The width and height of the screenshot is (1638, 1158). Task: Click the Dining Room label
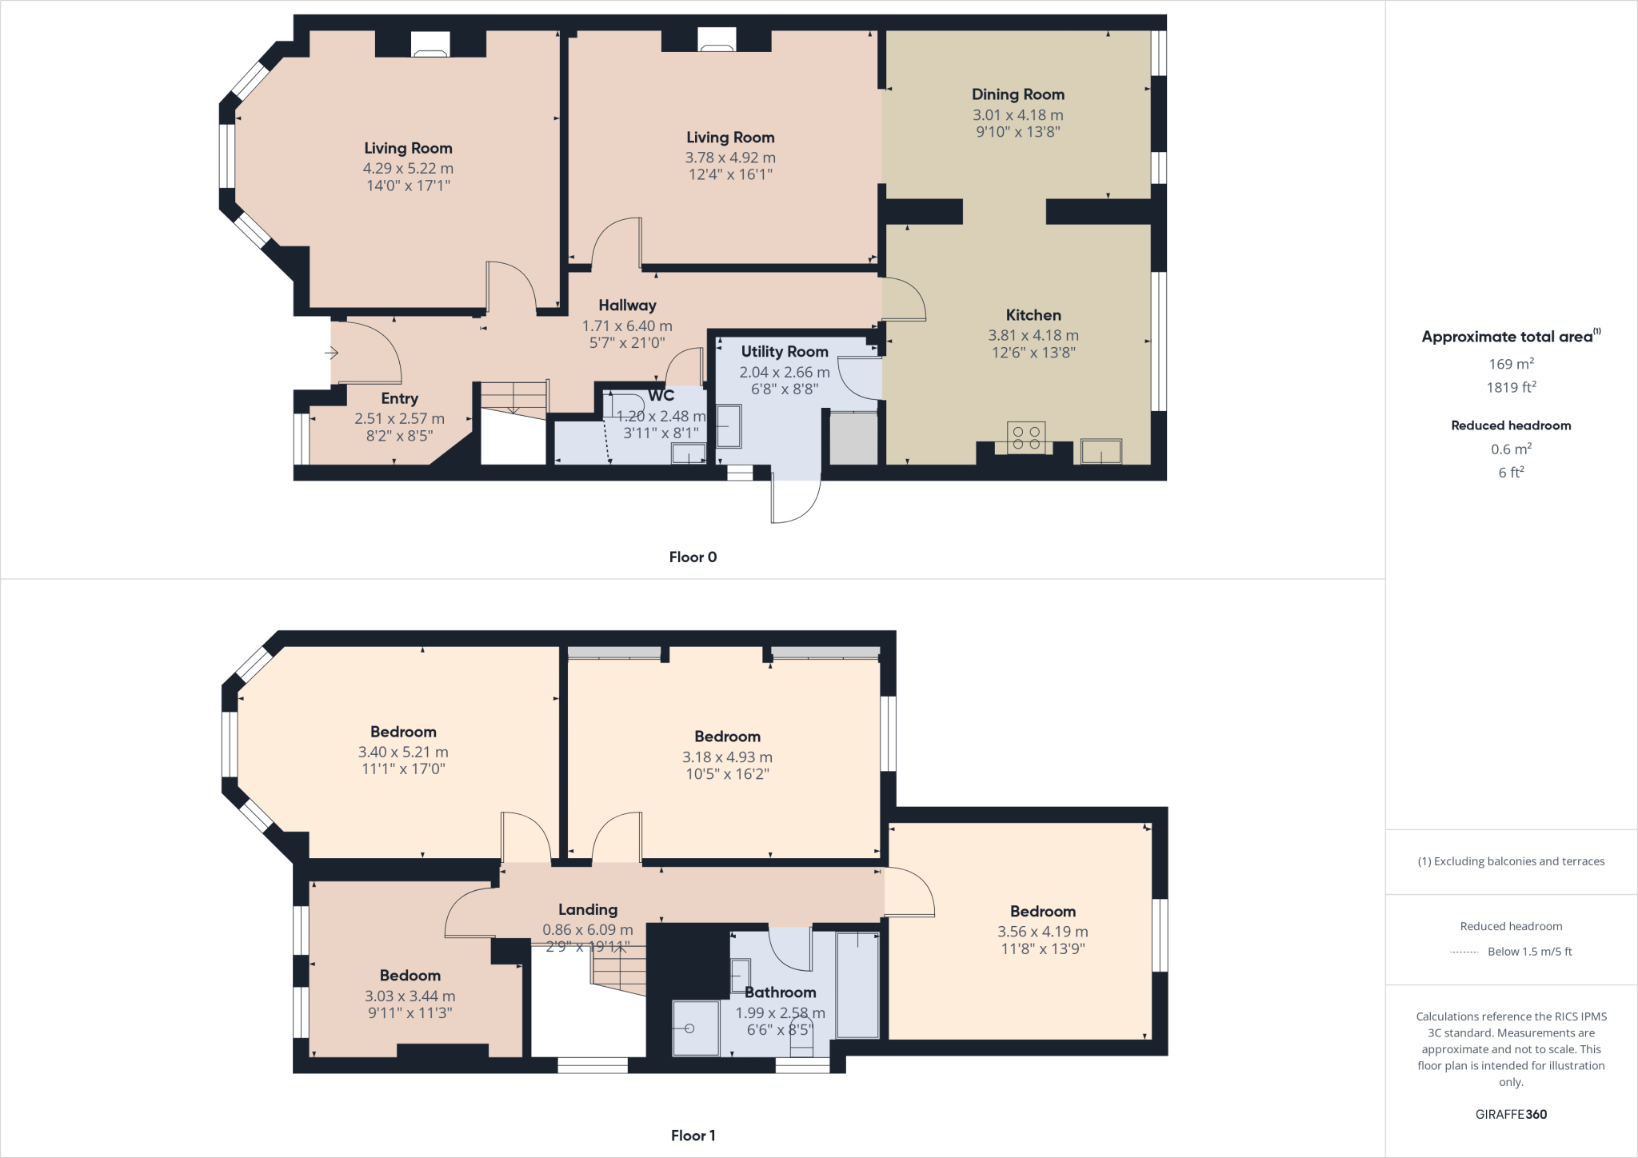[1017, 94]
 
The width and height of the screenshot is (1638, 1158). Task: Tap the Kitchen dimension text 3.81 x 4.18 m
[1033, 336]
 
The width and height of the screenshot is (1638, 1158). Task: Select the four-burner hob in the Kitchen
[1026, 437]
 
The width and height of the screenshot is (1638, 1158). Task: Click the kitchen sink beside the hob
[1101, 451]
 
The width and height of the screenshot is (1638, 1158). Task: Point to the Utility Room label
[784, 352]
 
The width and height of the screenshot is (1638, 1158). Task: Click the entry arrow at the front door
[331, 353]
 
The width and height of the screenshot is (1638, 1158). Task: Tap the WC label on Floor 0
[661, 396]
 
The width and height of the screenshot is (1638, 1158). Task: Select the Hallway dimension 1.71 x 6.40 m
[626, 326]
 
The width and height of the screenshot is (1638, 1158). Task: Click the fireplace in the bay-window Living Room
[430, 46]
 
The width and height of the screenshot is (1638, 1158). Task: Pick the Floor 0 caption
[693, 557]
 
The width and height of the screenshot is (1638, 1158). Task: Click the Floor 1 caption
[693, 1136]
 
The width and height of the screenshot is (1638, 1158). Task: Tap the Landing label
[587, 910]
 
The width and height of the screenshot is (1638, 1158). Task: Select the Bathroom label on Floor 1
[780, 992]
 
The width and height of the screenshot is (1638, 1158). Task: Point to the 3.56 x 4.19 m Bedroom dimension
[1042, 932]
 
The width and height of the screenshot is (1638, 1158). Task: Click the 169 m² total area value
[1511, 364]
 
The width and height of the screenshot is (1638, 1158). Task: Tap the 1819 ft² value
[1511, 388]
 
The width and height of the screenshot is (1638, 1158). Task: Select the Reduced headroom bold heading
[1511, 425]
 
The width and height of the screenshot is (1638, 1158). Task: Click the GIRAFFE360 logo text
[1511, 1114]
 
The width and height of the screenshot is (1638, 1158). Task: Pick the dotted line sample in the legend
[1463, 952]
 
